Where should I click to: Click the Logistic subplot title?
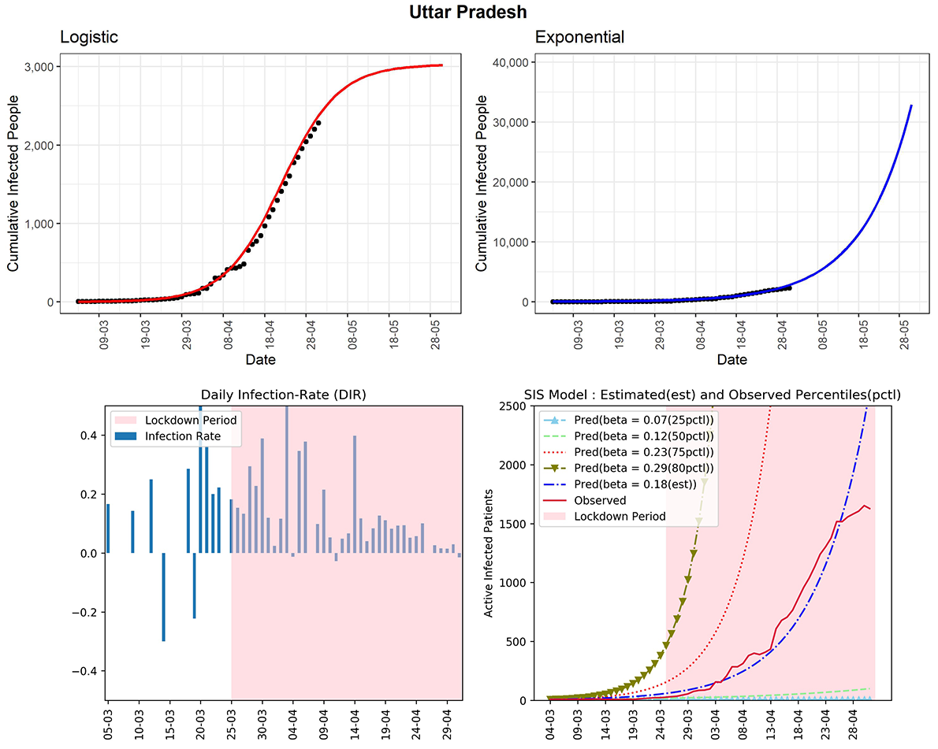point(91,37)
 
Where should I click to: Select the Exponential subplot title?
point(579,37)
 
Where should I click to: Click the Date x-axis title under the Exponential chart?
point(731,360)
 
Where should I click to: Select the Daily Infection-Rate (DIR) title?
point(284,395)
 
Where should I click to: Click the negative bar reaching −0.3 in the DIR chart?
point(163,597)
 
